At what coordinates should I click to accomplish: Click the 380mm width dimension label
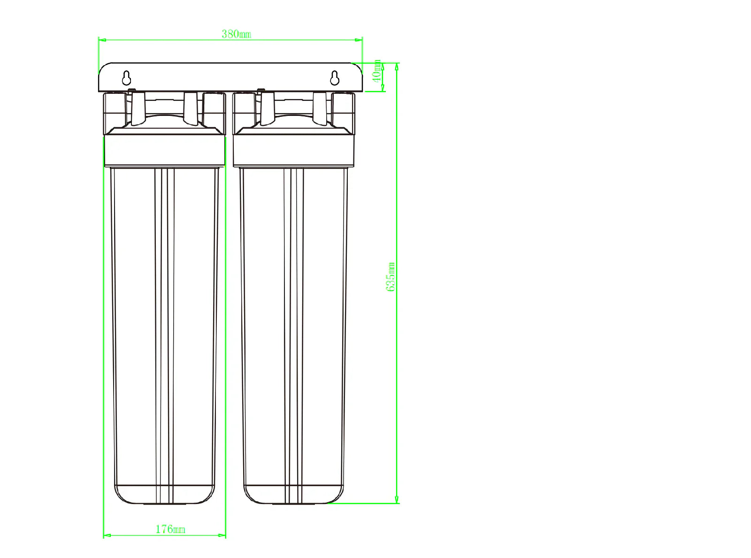point(236,34)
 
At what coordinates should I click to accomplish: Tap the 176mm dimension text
point(170,529)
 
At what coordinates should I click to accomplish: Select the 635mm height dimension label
point(391,277)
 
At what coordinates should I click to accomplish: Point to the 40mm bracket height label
point(376,71)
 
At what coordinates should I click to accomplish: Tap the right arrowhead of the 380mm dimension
point(360,40)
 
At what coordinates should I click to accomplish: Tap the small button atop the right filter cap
point(261,89)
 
